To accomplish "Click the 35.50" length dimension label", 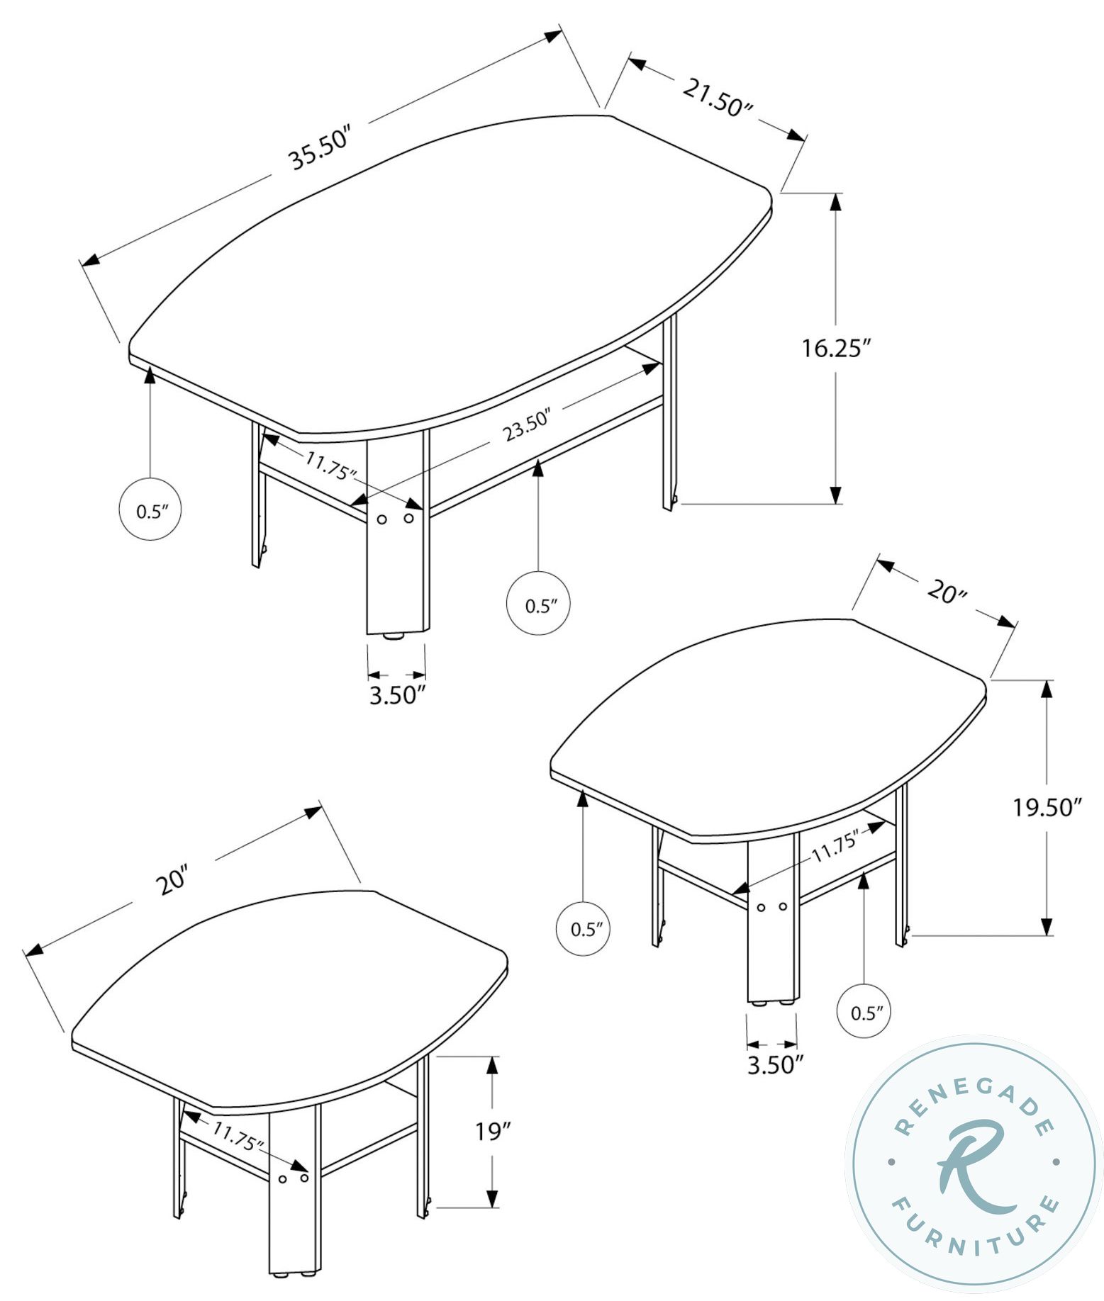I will (320, 150).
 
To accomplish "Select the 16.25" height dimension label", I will (836, 349).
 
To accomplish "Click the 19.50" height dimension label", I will (1046, 807).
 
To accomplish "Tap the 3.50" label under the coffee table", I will (397, 694).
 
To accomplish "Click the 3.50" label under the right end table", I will (775, 1065).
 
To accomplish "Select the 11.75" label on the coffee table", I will (331, 465).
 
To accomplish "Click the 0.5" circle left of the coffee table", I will (150, 510).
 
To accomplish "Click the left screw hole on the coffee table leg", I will (382, 519).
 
